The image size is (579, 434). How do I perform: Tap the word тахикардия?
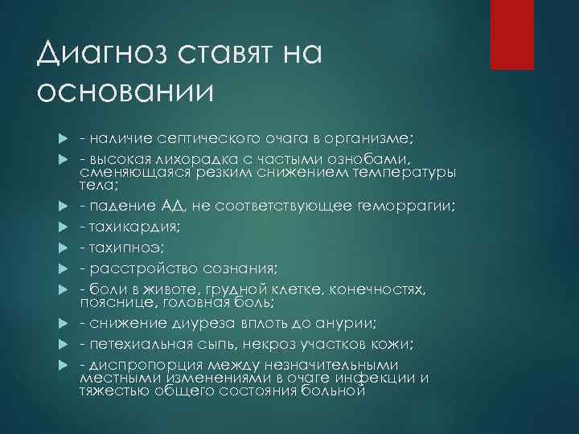click(133, 227)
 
